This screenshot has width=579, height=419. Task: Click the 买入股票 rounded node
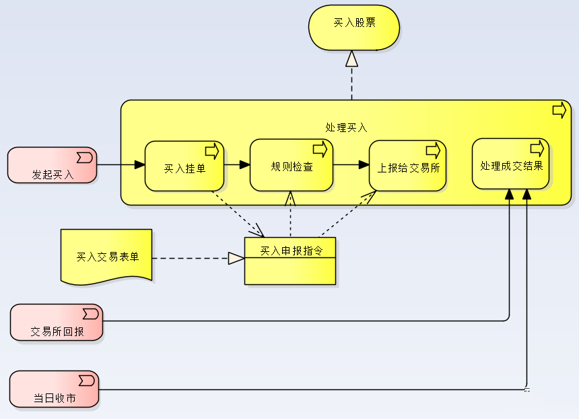[x=353, y=28]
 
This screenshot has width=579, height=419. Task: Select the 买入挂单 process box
[x=184, y=166]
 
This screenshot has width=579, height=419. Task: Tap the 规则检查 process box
[x=292, y=165]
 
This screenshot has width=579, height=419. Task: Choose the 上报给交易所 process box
[x=408, y=166]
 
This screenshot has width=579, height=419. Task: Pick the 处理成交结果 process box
[x=511, y=164]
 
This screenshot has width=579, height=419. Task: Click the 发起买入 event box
[x=52, y=165]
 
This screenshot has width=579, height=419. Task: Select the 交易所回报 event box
[x=57, y=322]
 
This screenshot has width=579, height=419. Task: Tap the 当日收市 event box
[x=55, y=389]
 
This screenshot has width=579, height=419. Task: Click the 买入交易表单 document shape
[x=106, y=257]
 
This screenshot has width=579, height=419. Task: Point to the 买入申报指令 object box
[x=290, y=261]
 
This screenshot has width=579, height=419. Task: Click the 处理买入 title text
[x=346, y=127]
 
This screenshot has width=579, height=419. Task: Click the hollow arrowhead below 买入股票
[x=352, y=59]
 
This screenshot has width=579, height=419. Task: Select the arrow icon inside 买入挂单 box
[x=212, y=151]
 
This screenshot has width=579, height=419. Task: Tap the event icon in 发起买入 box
[x=85, y=158]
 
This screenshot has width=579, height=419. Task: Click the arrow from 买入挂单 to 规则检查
[x=237, y=164]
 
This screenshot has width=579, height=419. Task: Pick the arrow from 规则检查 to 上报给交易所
[x=351, y=164]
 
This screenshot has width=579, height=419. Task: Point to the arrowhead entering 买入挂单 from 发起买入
[x=139, y=164]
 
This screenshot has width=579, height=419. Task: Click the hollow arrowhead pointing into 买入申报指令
[x=236, y=258]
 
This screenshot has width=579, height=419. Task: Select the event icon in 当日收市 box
[x=87, y=381]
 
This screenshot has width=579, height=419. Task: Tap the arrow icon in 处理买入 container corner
[x=559, y=110]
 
